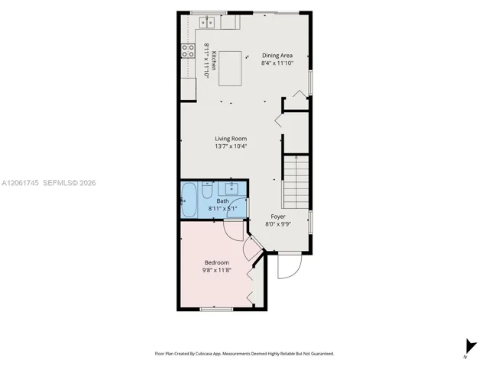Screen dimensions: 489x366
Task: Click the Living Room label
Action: tap(231, 139)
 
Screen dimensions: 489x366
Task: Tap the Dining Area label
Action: tap(277, 56)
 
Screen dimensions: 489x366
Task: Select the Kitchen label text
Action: tap(214, 60)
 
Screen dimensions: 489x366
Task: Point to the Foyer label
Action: tap(278, 217)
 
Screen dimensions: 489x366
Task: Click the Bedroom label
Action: tap(217, 262)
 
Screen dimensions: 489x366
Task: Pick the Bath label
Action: tap(222, 201)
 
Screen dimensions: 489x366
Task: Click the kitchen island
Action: tap(230, 69)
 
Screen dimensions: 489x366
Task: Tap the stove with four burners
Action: tap(188, 51)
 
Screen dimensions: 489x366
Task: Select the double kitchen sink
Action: tap(207, 22)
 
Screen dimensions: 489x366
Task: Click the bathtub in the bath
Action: tap(189, 200)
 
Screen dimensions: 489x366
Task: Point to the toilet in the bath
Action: tap(207, 190)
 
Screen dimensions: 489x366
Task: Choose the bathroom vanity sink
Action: tap(232, 188)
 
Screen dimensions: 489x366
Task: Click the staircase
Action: tap(296, 182)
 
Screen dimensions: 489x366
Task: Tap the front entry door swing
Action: tap(290, 266)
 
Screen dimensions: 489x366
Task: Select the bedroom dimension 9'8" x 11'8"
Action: tap(217, 270)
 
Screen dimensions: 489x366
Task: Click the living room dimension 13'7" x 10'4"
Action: tap(231, 146)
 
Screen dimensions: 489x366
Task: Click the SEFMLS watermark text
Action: tap(70, 183)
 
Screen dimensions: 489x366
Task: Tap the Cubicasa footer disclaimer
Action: tap(244, 354)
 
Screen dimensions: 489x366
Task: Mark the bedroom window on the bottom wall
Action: tap(216, 310)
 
